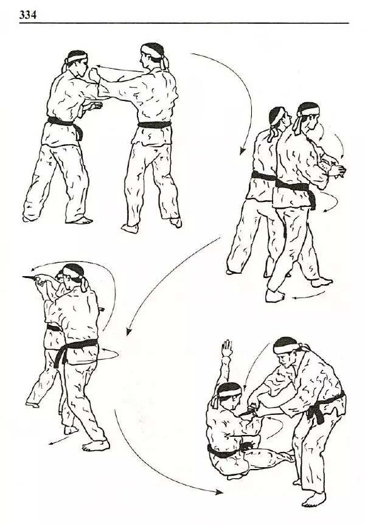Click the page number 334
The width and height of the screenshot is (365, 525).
(x=28, y=15)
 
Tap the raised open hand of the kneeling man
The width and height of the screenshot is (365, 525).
(x=228, y=349)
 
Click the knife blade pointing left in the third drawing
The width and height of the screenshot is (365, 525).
(x=30, y=278)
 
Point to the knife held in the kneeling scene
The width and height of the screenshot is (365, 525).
(x=249, y=411)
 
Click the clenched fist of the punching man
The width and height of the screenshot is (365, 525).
(x=95, y=74)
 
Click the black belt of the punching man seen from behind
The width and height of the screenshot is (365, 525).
(x=155, y=125)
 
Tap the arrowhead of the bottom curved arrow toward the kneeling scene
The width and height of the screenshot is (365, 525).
(x=220, y=492)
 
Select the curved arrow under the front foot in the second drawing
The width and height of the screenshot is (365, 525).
(x=308, y=296)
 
